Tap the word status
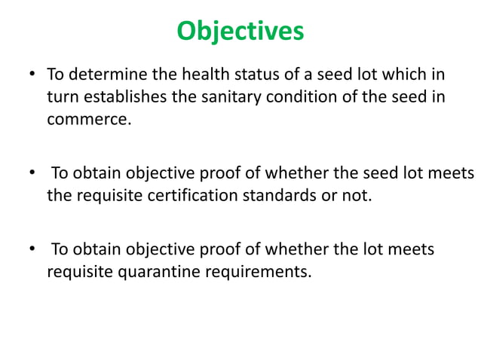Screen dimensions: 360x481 [x=242, y=76]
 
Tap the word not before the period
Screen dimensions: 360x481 [x=357, y=196]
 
